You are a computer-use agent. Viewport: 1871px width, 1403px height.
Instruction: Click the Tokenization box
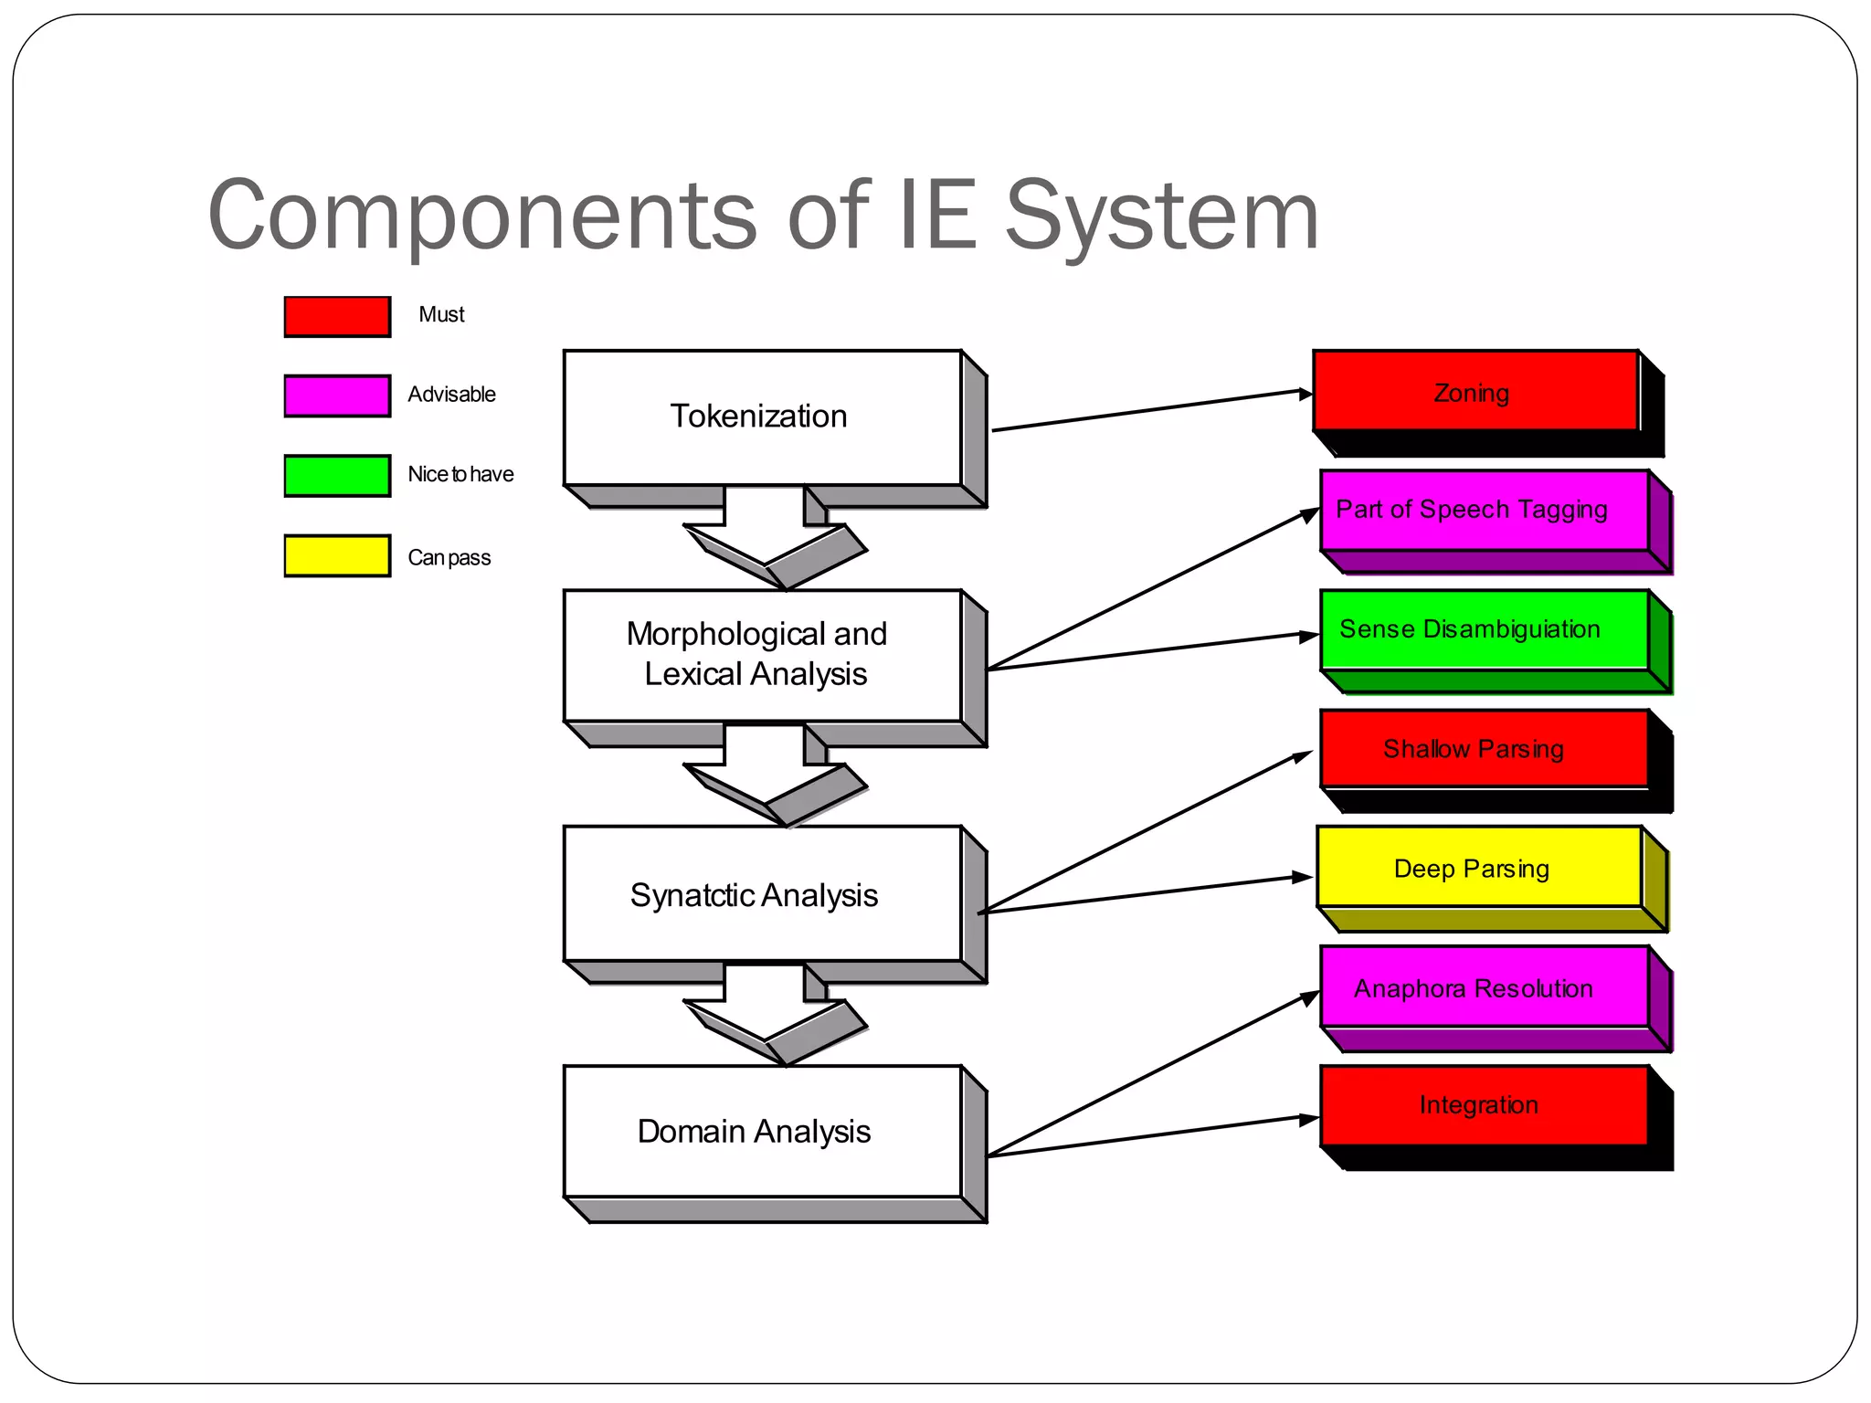763,417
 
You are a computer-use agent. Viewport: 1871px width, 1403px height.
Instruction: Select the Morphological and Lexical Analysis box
763,655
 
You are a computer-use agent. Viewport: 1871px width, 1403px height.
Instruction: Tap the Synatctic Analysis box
763,894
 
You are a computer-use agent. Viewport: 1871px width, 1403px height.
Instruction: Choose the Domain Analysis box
763,1131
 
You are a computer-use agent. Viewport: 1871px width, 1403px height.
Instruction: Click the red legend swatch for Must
337,316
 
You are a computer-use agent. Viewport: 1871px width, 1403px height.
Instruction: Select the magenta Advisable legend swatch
337,396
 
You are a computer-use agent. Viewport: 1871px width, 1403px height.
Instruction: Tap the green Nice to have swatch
337,475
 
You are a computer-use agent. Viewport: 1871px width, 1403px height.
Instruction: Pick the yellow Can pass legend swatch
337,555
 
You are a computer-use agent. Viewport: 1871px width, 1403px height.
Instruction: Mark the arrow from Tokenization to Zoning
1151,411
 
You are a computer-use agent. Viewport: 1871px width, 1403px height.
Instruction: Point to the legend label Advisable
451,395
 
